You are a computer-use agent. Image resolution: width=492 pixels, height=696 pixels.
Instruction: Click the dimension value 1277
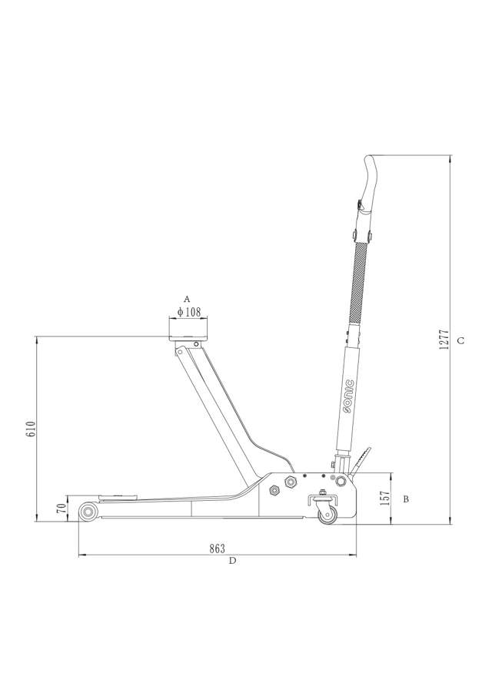pyautogui.click(x=443, y=340)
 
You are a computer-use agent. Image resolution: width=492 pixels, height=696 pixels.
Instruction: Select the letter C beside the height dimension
pyautogui.click(x=460, y=340)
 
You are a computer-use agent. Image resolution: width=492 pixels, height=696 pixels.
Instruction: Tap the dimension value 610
pyautogui.click(x=31, y=429)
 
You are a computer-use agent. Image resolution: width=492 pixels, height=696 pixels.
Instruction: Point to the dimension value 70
pyautogui.click(x=61, y=509)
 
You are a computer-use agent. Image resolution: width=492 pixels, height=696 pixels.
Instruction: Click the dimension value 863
pyautogui.click(x=217, y=549)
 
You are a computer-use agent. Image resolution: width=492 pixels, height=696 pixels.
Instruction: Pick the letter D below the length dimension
pyautogui.click(x=232, y=561)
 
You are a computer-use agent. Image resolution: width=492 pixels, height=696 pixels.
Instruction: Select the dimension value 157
pyautogui.click(x=384, y=498)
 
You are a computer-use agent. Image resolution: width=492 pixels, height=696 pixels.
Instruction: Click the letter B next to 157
pyautogui.click(x=406, y=499)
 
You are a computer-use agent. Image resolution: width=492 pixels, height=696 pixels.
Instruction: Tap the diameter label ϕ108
pyautogui.click(x=188, y=312)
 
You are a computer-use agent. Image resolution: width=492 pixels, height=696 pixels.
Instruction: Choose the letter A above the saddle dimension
pyautogui.click(x=187, y=298)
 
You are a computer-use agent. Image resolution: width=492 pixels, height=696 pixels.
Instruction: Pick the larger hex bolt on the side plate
pyautogui.click(x=291, y=482)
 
